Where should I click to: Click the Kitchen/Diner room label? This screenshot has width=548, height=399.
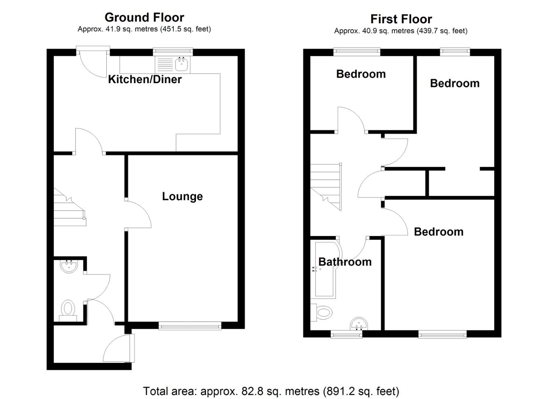(x=145, y=79)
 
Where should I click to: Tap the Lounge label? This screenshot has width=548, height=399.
(x=182, y=196)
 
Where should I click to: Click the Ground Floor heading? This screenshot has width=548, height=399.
(x=144, y=17)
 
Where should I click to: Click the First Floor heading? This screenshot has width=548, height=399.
(x=401, y=19)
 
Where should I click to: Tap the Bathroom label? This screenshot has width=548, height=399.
(x=345, y=262)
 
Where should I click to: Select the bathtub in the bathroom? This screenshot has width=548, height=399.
(x=325, y=270)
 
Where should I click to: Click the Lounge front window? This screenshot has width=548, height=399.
(x=190, y=325)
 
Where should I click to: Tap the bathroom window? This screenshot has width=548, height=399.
(x=346, y=334)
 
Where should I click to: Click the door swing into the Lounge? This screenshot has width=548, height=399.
(x=138, y=214)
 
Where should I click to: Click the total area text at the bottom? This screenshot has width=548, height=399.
(x=271, y=391)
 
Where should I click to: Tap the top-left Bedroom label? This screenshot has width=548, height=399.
(x=361, y=74)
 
